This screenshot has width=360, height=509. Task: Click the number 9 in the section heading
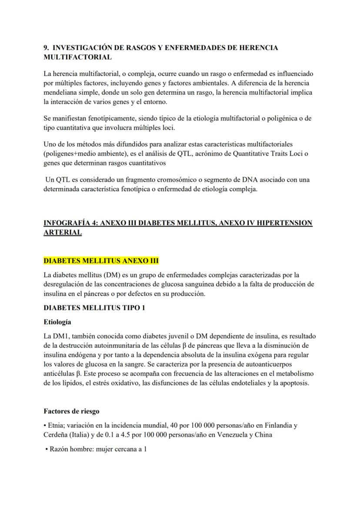tap(46, 48)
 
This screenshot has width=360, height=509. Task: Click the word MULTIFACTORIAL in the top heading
tap(78, 57)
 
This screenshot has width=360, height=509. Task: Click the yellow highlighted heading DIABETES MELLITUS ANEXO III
tap(101, 261)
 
